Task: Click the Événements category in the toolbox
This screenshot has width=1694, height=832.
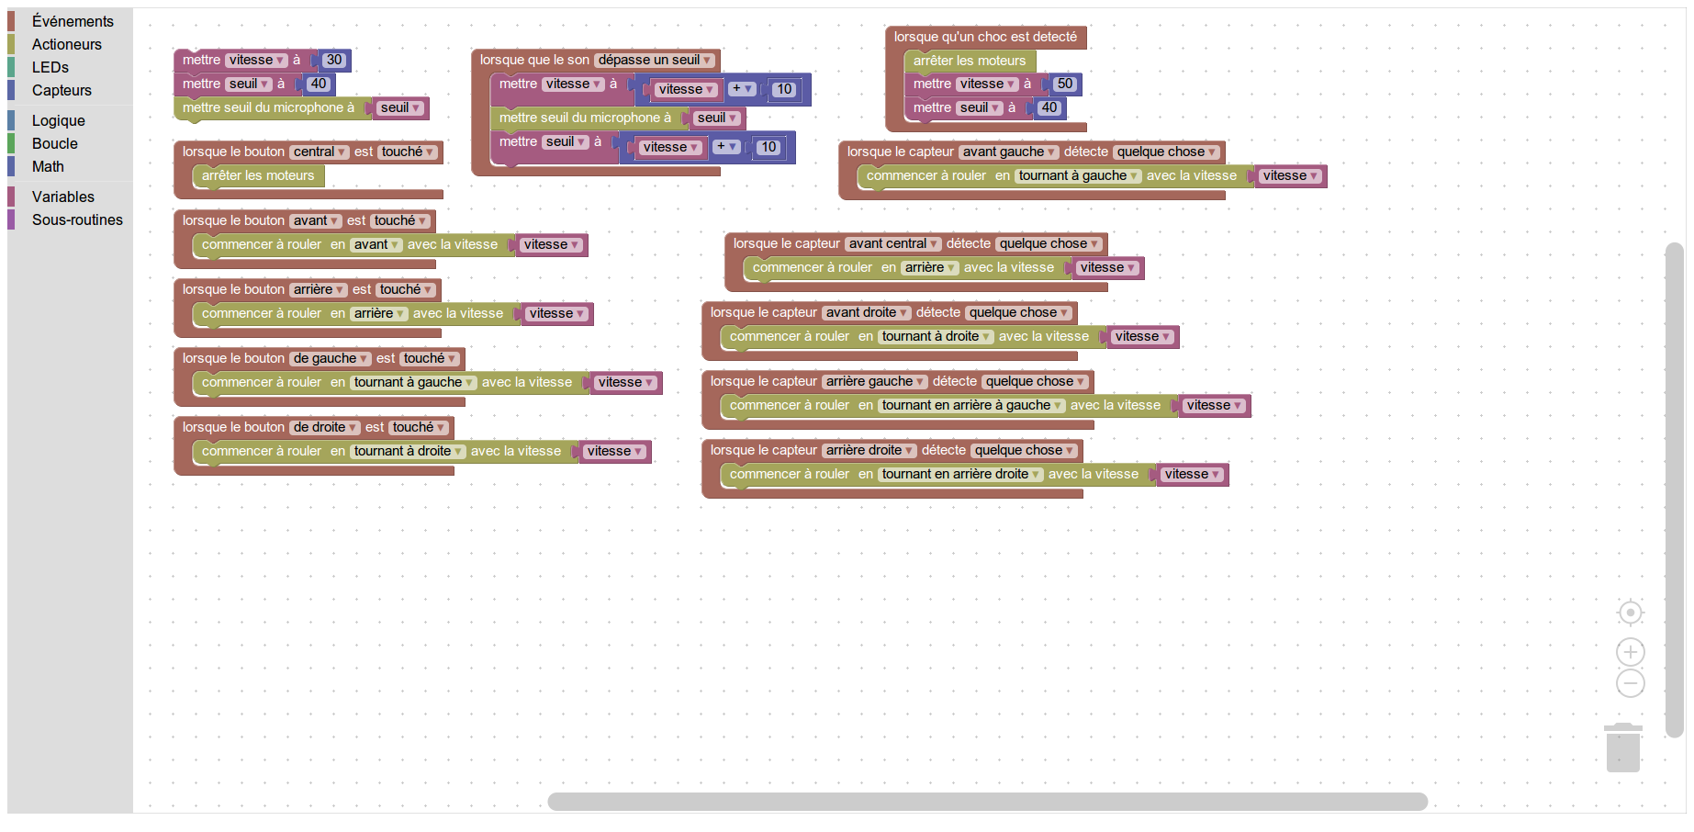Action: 73,21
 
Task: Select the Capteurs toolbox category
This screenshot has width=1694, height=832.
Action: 62,90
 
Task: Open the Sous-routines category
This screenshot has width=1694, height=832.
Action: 77,219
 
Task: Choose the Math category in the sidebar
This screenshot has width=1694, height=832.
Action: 48,166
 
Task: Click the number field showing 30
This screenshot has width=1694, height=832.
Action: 334,60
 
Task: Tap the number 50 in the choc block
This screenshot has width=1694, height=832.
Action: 1064,84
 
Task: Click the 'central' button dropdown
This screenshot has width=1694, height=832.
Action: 319,152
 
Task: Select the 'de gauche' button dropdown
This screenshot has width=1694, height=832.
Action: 330,358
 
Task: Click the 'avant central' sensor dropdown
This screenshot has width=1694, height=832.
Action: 892,243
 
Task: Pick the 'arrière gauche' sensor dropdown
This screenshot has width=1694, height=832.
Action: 874,381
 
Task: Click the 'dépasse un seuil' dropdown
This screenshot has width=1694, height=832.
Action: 655,60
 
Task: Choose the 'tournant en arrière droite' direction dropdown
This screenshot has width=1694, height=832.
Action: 960,474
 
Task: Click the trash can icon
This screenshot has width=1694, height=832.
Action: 1622,748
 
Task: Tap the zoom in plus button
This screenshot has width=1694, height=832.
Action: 1630,652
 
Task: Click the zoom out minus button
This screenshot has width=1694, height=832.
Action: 1630,683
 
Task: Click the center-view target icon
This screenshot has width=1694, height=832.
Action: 1630,613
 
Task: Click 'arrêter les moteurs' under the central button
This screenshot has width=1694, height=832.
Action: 258,175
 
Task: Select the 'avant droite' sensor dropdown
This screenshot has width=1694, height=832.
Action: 866,312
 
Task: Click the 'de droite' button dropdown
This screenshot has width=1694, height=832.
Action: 324,427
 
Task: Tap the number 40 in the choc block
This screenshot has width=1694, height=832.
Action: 1049,107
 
